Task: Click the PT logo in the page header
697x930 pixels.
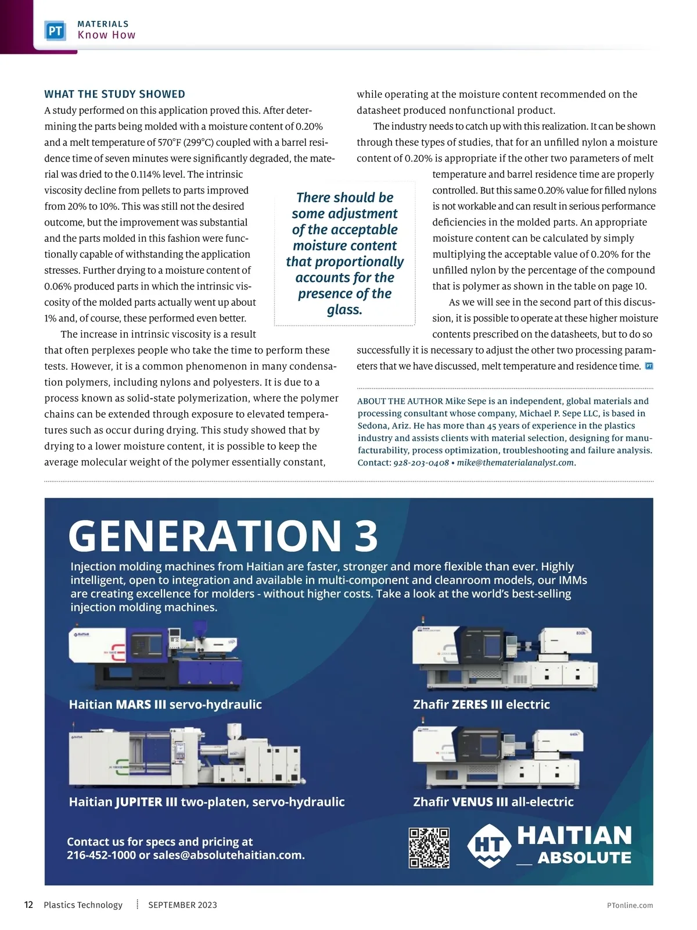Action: tap(55, 31)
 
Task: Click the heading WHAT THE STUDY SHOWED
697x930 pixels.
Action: tap(115, 94)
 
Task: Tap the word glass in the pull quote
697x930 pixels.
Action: tap(344, 310)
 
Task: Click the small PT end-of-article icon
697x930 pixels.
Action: tap(649, 366)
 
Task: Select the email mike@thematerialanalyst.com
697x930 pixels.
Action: tap(515, 463)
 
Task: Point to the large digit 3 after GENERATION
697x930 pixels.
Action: tap(366, 536)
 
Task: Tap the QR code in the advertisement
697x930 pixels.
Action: tap(429, 848)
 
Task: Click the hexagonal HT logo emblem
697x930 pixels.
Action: tap(489, 846)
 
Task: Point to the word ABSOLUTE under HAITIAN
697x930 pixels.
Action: tap(584, 858)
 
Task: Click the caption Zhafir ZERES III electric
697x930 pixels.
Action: tap(481, 704)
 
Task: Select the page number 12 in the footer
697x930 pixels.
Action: tap(28, 905)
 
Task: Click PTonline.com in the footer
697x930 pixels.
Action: tap(630, 906)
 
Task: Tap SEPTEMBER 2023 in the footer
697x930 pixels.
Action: tap(182, 905)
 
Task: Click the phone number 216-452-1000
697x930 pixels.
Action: tap(101, 856)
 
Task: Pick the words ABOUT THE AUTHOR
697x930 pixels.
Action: tap(400, 401)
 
